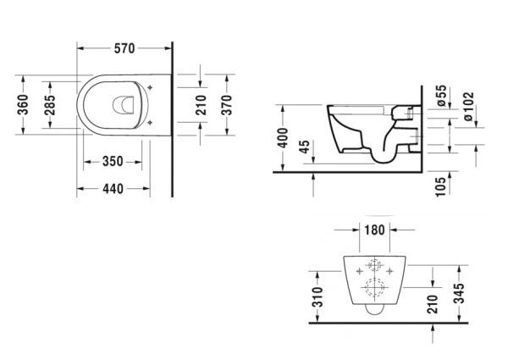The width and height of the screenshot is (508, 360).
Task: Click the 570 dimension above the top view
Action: tap(124, 47)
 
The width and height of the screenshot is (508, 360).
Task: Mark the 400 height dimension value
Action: tap(284, 137)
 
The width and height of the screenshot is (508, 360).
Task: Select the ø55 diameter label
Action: tap(441, 96)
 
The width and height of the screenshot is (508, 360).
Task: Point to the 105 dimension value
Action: tap(440, 185)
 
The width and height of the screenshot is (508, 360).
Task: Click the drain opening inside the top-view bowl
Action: tap(124, 104)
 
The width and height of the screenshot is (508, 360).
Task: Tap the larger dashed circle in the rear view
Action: tap(373, 291)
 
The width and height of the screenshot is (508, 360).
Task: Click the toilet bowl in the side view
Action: tap(360, 136)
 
